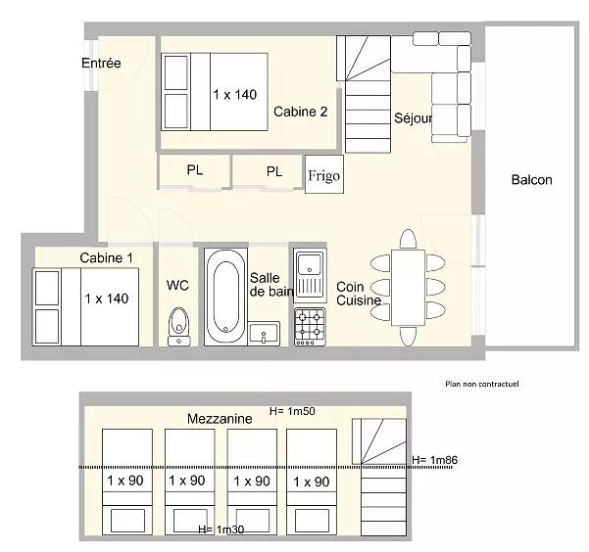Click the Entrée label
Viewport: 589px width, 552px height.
tap(101, 63)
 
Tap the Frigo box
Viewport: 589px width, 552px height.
tap(324, 174)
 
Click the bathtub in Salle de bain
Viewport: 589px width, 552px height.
tap(225, 297)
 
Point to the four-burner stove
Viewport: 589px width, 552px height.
tap(310, 327)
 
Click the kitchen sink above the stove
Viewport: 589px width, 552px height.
tap(310, 275)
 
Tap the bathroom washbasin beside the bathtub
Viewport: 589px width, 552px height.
tap(264, 333)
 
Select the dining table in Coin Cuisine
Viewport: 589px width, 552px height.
tap(408, 288)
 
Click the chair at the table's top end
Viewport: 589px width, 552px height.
tap(408, 239)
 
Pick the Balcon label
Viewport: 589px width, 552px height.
tap(531, 180)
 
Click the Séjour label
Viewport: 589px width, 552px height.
tap(413, 118)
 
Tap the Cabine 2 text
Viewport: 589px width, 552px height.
tap(301, 112)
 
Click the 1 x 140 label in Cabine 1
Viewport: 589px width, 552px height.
tap(107, 299)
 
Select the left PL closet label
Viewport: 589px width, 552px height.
tap(195, 170)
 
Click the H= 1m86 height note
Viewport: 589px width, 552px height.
tap(434, 460)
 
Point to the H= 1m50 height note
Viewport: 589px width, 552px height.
tap(292, 411)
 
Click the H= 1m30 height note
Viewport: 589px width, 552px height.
tap(221, 529)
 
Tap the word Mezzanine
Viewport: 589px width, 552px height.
tap(220, 419)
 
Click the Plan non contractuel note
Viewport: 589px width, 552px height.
tap(482, 384)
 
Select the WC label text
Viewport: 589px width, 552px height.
tap(177, 286)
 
